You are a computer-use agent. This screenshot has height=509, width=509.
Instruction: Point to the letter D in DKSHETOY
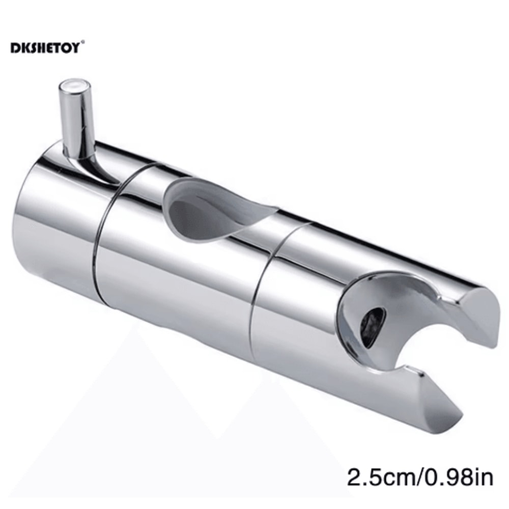15,48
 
